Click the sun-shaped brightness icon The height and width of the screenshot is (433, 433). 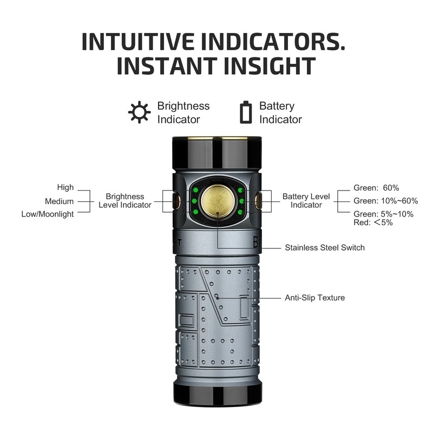140,112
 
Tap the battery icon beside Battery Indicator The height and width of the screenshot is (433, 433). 246,112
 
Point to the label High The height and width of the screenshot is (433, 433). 65,187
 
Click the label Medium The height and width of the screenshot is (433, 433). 60,201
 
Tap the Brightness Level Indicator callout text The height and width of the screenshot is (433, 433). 125,201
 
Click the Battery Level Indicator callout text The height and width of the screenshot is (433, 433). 306,201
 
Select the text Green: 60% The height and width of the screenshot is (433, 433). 376,188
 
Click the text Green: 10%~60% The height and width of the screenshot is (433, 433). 385,201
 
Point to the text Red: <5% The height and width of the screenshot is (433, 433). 373,222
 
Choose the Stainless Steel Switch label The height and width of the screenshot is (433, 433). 325,247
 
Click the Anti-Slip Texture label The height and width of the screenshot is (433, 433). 314,298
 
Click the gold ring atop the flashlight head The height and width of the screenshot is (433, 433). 217,139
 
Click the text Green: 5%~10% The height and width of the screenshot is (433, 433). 383,214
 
